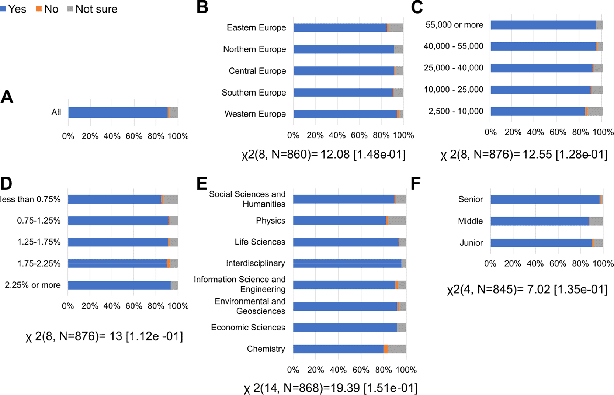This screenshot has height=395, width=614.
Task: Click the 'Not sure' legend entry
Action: pyautogui.click(x=92, y=9)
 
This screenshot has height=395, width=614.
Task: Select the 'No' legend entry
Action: pyautogui.click(x=47, y=9)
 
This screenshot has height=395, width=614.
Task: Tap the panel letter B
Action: pyautogui.click(x=202, y=7)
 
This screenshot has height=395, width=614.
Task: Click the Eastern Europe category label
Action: pyautogui.click(x=256, y=27)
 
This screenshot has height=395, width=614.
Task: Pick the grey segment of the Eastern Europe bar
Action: pyautogui.click(x=396, y=28)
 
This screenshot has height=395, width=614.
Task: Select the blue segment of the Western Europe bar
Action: pyautogui.click(x=345, y=114)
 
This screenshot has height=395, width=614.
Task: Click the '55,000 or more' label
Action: pyautogui.click(x=454, y=25)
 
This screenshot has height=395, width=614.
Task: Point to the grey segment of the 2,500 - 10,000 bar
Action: pyautogui.click(x=595, y=111)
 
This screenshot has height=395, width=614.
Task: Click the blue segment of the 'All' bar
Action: pyautogui.click(x=118, y=112)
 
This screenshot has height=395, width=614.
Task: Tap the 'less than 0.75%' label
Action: pyautogui.click(x=30, y=199)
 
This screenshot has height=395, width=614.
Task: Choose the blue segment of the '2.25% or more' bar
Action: pyautogui.click(x=119, y=285)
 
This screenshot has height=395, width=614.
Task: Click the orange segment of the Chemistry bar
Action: pyautogui.click(x=385, y=349)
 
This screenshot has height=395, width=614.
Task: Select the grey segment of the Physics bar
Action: pyautogui.click(x=397, y=221)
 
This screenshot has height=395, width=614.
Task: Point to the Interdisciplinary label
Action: pyautogui.click(x=256, y=263)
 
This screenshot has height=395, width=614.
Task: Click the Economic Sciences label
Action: pyautogui.click(x=248, y=327)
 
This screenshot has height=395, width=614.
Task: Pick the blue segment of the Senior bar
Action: pyautogui.click(x=545, y=200)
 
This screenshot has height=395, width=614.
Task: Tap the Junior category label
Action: pyautogui.click(x=471, y=243)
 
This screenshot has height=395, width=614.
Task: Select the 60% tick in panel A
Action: pyautogui.click(x=134, y=136)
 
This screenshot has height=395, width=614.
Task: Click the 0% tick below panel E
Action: pyautogui.click(x=293, y=370)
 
